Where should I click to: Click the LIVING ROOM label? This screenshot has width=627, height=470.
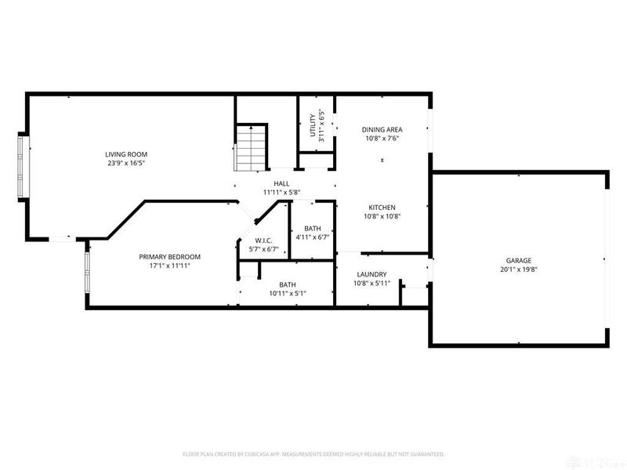pos(127,154)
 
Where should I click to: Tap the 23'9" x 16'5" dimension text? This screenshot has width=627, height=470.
pos(127,164)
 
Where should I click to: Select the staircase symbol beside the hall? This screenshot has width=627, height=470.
pos(252,147)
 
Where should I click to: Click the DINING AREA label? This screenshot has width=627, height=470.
pos(382,129)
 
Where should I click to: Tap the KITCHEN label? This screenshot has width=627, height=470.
pos(382,208)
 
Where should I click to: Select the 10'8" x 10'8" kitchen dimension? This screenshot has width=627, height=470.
pos(382,217)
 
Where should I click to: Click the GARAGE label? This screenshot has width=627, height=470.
pos(519,260)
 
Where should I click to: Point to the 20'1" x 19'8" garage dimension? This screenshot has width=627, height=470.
pos(519,269)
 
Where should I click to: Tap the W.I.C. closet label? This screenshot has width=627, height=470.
pos(263,240)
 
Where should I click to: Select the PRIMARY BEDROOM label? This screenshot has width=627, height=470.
pos(170,257)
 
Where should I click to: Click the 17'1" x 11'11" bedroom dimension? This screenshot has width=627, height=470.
pos(170,266)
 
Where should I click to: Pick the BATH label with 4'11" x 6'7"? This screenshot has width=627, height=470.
pos(313,229)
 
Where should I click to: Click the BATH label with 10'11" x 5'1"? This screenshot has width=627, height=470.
pos(288,284)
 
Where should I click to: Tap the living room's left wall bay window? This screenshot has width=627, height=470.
pos(23,167)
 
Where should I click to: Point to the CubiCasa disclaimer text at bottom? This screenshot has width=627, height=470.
pos(313,454)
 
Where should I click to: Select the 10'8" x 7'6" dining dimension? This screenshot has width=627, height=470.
pos(382,139)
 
